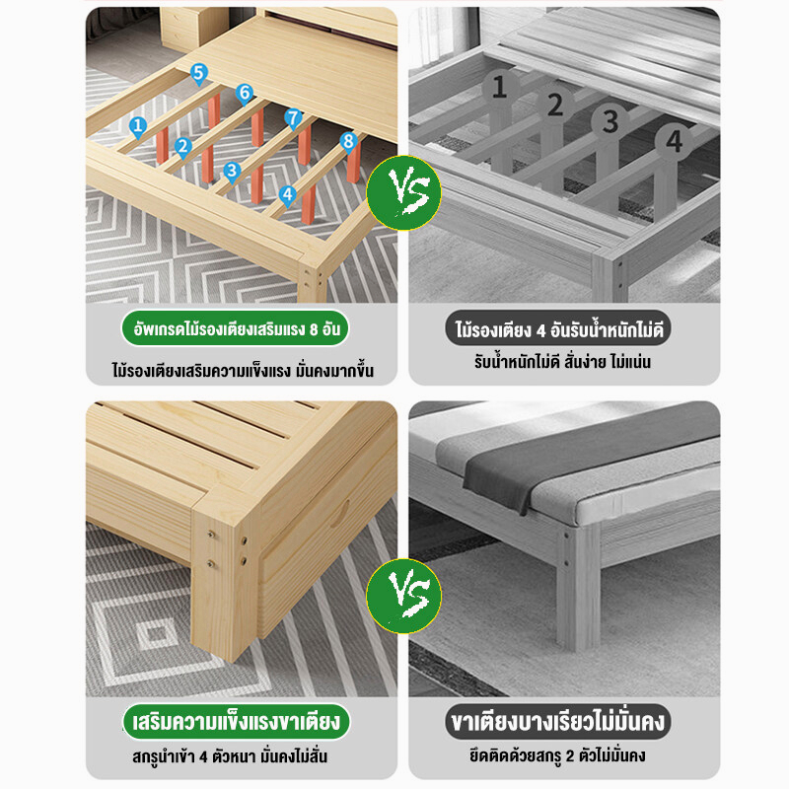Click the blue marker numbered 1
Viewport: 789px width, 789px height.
pos(138,127)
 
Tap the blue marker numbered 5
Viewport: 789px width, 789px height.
pos(199,74)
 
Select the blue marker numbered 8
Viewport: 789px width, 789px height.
pos(348,142)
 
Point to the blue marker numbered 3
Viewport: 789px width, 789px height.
pos(232,172)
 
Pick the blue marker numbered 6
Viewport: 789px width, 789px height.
pos(245,94)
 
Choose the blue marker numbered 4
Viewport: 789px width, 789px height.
pos(287,195)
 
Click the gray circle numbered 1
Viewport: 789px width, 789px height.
pos(499,87)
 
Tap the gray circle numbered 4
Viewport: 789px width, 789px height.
pos(674,141)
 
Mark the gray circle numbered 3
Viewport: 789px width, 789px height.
pos(610,121)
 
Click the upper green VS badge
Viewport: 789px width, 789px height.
pos(403,192)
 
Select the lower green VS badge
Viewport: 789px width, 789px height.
pos(403,596)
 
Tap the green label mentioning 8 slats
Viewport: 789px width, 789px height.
pos(236,329)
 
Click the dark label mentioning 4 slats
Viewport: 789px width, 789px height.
pos(558,329)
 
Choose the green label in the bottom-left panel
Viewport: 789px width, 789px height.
pos(236,722)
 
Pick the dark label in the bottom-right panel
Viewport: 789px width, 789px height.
pos(557,722)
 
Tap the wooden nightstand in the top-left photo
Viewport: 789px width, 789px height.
pos(193,29)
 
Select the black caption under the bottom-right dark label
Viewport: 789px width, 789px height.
pos(557,755)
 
